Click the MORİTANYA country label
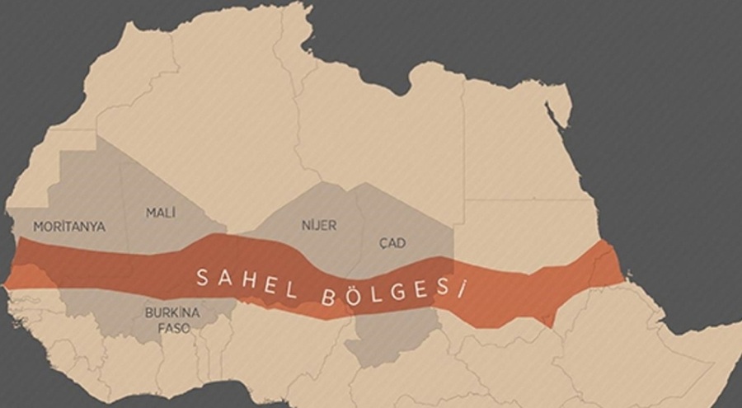[x=69, y=226]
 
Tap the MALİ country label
[x=162, y=212]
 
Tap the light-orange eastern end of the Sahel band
[x=607, y=264]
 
